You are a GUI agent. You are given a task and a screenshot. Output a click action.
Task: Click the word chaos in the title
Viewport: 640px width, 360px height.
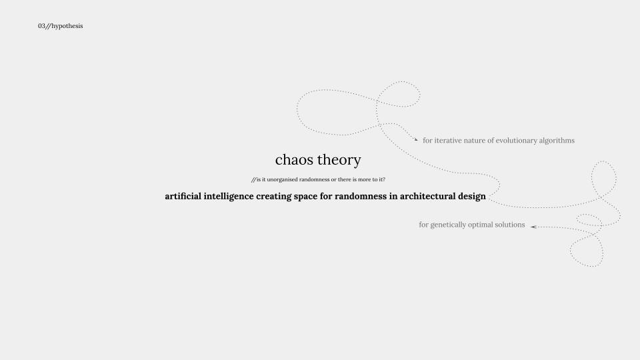[295, 159]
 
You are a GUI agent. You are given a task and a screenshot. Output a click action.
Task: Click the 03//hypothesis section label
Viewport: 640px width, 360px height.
[61, 26]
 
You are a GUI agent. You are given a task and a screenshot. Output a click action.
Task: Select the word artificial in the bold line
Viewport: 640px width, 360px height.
[183, 196]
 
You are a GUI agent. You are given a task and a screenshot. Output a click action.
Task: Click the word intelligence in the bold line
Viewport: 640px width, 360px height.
[229, 197]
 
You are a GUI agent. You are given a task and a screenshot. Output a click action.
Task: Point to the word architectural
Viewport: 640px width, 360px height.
[427, 196]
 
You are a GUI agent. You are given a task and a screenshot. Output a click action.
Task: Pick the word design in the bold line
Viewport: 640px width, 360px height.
[472, 197]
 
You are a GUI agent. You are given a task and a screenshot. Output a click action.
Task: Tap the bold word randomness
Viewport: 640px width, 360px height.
[361, 196]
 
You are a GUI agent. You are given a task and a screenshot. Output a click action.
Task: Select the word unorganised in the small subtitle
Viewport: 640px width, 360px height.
[282, 179]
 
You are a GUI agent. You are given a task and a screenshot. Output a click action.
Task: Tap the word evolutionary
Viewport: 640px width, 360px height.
[516, 141]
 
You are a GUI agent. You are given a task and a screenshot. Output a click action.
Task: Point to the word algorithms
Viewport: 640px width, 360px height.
[557, 141]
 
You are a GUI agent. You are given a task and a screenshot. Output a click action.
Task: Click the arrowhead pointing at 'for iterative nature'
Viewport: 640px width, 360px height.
[416, 139]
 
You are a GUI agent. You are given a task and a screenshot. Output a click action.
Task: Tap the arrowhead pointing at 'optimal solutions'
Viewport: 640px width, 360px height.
[533, 227]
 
